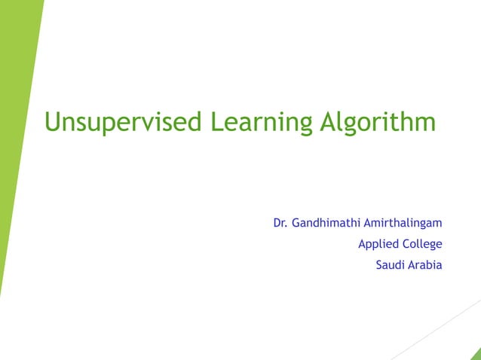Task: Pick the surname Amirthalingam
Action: (403, 223)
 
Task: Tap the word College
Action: (421, 244)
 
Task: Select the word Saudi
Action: (390, 265)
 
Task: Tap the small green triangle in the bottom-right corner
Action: (475, 354)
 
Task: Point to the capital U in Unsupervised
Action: (52, 121)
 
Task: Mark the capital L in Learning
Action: (216, 121)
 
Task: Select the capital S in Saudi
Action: (378, 265)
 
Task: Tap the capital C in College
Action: (405, 244)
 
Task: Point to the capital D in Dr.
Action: (277, 223)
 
